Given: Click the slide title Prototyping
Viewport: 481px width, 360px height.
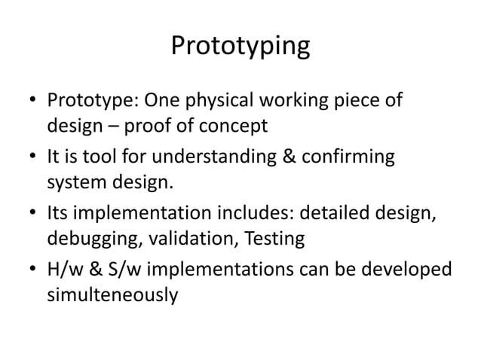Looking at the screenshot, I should click(x=240, y=47).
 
